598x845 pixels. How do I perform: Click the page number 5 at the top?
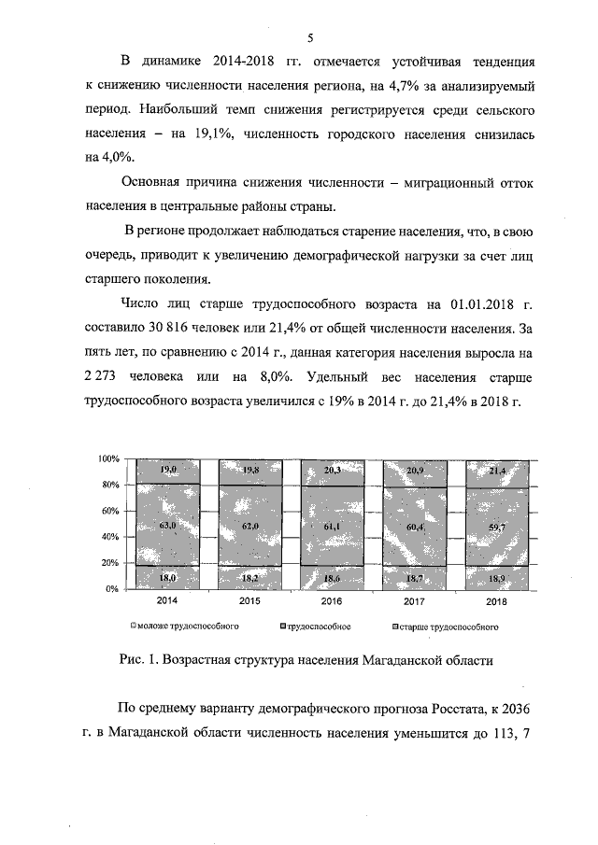pos(309,37)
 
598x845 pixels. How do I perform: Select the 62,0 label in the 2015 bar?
pos(250,527)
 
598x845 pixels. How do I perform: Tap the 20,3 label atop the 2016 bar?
pos(333,471)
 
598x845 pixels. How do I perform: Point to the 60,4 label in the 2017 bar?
pos(415,528)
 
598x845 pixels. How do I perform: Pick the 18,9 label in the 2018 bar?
pos(497,579)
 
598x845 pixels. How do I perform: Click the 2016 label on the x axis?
pos(332,601)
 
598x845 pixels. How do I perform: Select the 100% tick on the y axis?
pos(109,459)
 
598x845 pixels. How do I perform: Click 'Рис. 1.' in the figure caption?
pos(139,659)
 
